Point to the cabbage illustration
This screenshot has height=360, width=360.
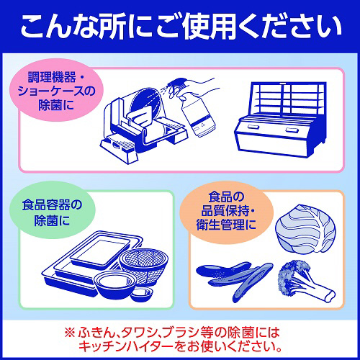[305, 228]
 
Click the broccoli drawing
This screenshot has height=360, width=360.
[305, 281]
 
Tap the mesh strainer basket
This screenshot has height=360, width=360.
[143, 264]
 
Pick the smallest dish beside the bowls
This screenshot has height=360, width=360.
[142, 294]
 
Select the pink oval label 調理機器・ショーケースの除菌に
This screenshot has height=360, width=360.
[57, 91]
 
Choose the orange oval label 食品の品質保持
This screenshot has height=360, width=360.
[226, 211]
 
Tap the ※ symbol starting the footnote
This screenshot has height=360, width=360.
[70, 333]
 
